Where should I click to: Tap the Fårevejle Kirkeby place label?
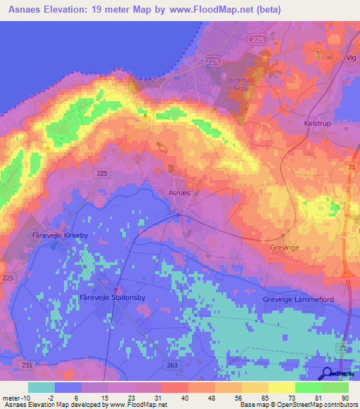(58, 235)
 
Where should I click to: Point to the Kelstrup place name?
(317, 123)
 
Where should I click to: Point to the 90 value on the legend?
(345, 398)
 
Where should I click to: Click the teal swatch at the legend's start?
(41, 387)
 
